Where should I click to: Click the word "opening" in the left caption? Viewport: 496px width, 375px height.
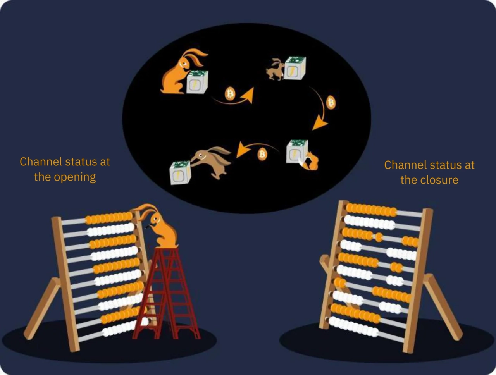pyautogui.click(x=75, y=177)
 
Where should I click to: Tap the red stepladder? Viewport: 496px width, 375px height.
pyautogui.click(x=166, y=294)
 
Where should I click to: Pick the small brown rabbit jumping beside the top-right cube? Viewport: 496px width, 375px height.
pyautogui.click(x=275, y=69)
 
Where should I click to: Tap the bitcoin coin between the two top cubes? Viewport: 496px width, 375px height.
pyautogui.click(x=230, y=93)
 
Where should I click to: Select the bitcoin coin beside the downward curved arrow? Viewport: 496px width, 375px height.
pyautogui.click(x=331, y=102)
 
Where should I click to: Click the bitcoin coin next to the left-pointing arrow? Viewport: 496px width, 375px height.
pyautogui.click(x=262, y=154)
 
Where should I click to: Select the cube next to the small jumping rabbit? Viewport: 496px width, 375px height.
pyautogui.click(x=295, y=68)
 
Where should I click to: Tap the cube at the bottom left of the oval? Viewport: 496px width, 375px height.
pyautogui.click(x=180, y=173)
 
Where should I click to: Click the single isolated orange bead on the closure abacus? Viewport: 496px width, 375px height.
pyautogui.click(x=379, y=237)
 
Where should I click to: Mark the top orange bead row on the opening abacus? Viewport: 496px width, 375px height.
pyautogui.click(x=109, y=218)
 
